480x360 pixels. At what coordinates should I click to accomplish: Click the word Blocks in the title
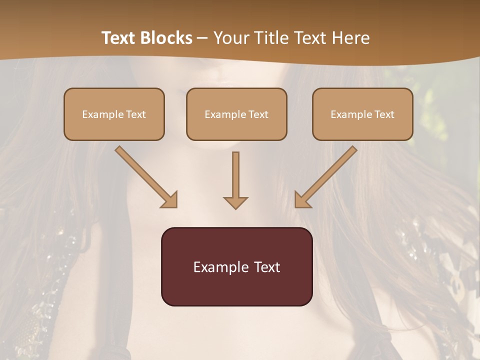point(167,38)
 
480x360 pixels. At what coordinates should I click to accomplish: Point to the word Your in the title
point(230,38)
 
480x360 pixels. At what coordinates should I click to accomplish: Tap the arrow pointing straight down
point(235,180)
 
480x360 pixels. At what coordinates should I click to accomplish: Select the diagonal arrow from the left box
point(145,177)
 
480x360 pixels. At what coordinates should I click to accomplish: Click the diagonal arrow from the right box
point(326,177)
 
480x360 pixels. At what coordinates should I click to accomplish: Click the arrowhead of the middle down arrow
point(235,202)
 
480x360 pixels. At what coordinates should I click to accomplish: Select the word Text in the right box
point(384,114)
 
